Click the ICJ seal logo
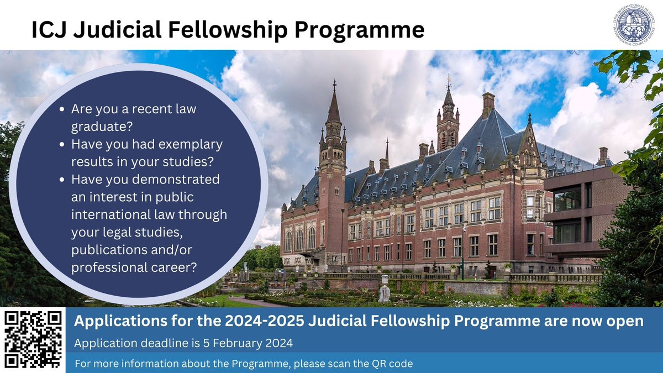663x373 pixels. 636,25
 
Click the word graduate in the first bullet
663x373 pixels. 102,126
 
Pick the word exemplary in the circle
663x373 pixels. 192,144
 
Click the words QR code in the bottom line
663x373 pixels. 391,365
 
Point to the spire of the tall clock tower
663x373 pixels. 333,102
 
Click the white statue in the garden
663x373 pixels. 384,292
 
